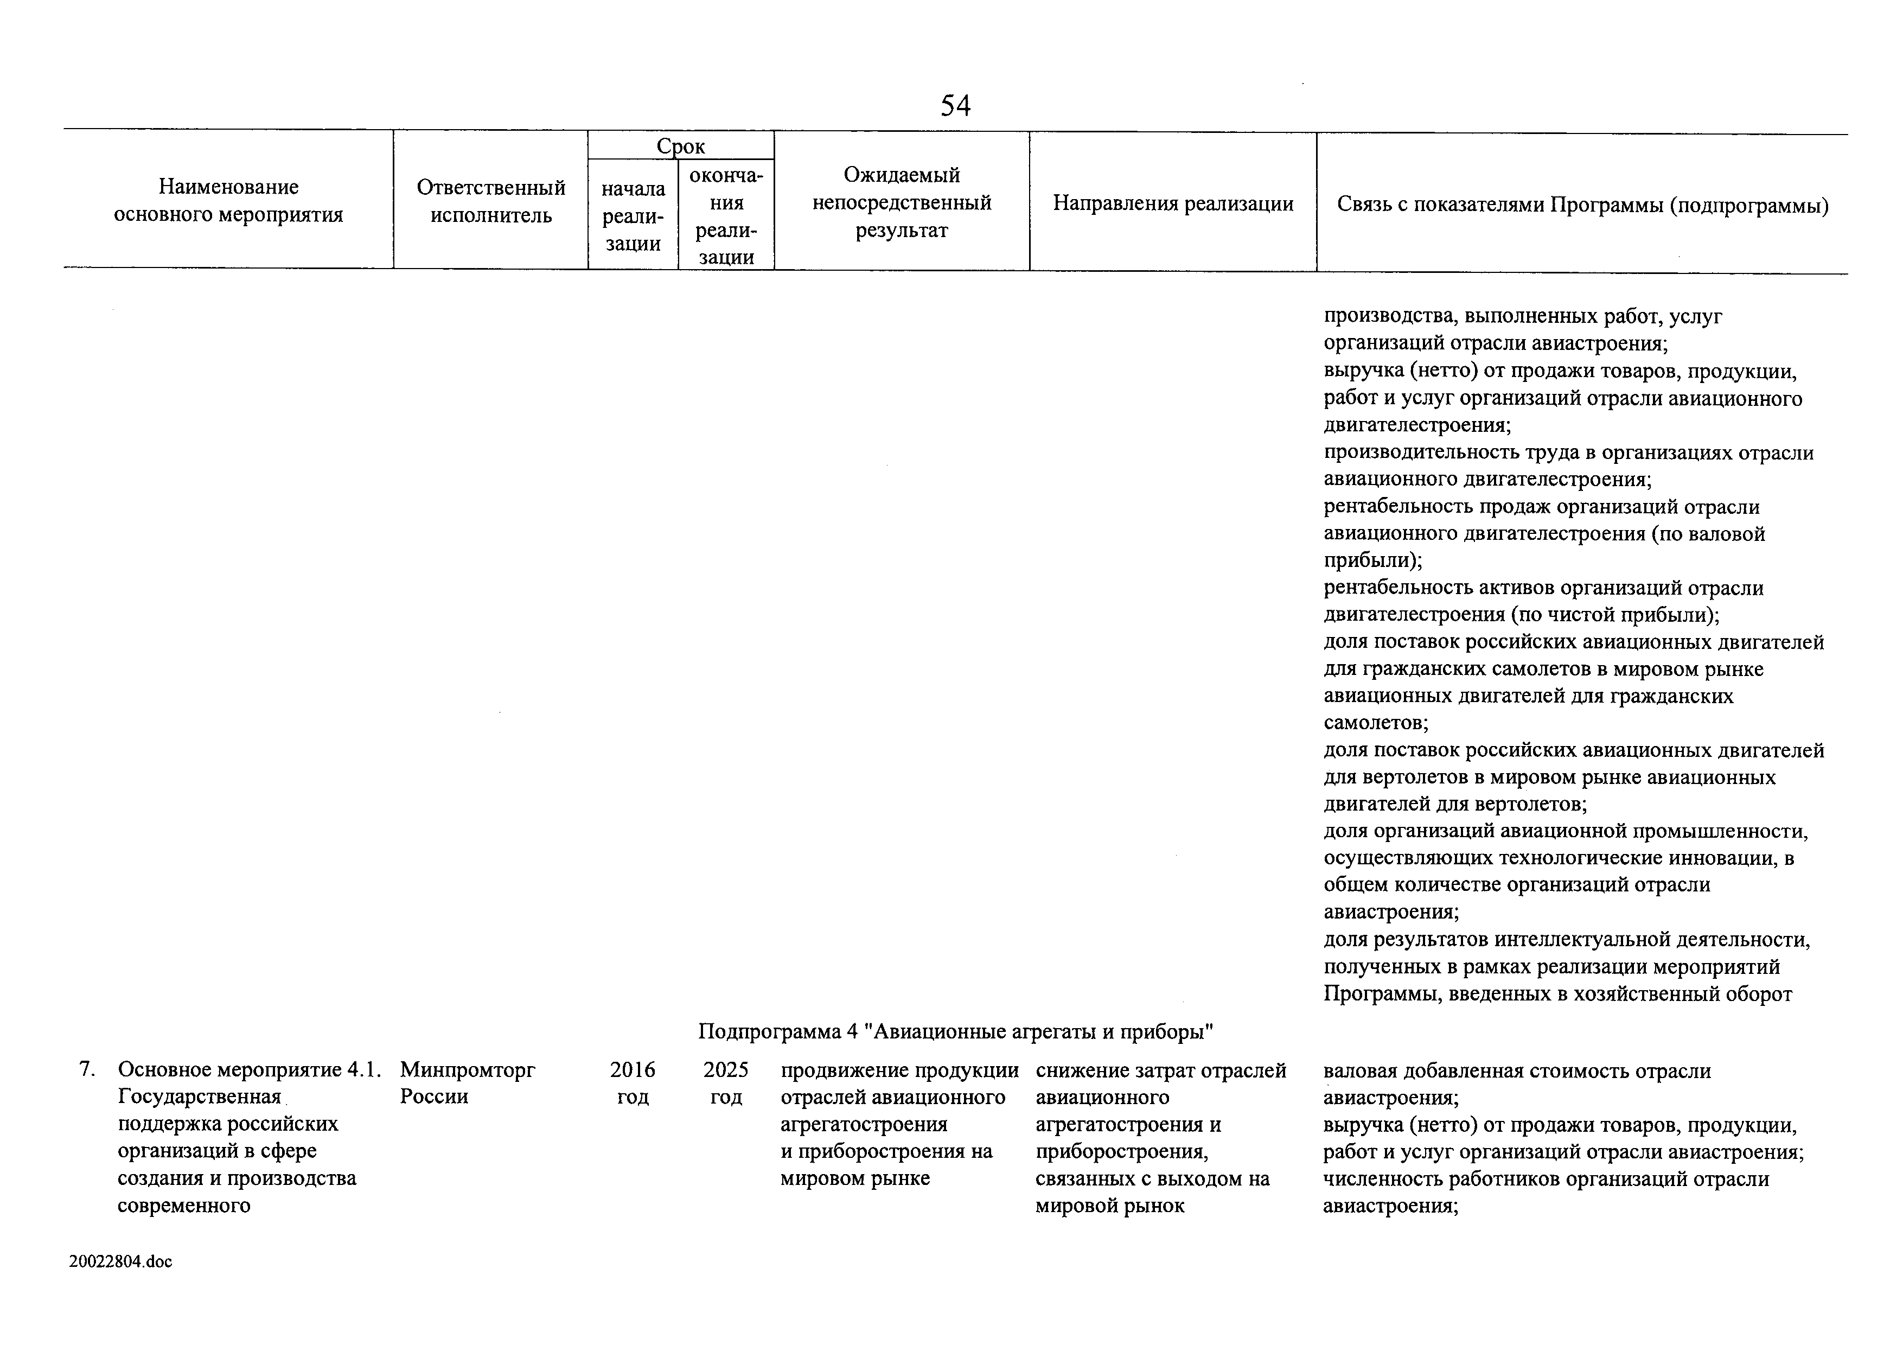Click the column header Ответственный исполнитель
pos(491,201)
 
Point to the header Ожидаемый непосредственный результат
pos(902,202)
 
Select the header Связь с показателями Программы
pos(1582,205)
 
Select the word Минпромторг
pos(468,1070)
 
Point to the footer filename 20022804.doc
pos(121,1262)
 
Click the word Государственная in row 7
pos(200,1097)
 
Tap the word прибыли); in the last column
pos(1372,561)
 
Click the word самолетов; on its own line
pos(1376,723)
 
